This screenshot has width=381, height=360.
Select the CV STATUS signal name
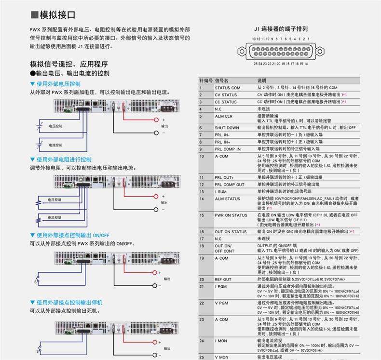[x=226, y=95]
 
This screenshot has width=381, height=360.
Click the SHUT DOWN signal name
[x=227, y=128]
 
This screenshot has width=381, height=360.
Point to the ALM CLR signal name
[x=223, y=116]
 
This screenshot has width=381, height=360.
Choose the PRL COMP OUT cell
[x=230, y=185]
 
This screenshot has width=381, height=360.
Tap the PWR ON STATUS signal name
[x=231, y=215]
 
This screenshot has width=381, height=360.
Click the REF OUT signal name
[x=223, y=280]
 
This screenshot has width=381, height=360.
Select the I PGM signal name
[x=221, y=287]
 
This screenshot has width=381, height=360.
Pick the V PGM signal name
[x=221, y=303]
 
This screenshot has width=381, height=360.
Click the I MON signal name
[x=221, y=341]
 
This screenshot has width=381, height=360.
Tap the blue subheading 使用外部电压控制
[x=58, y=84]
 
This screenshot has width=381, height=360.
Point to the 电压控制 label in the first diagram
[x=55, y=126]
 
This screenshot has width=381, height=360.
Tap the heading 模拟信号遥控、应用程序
[x=69, y=64]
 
